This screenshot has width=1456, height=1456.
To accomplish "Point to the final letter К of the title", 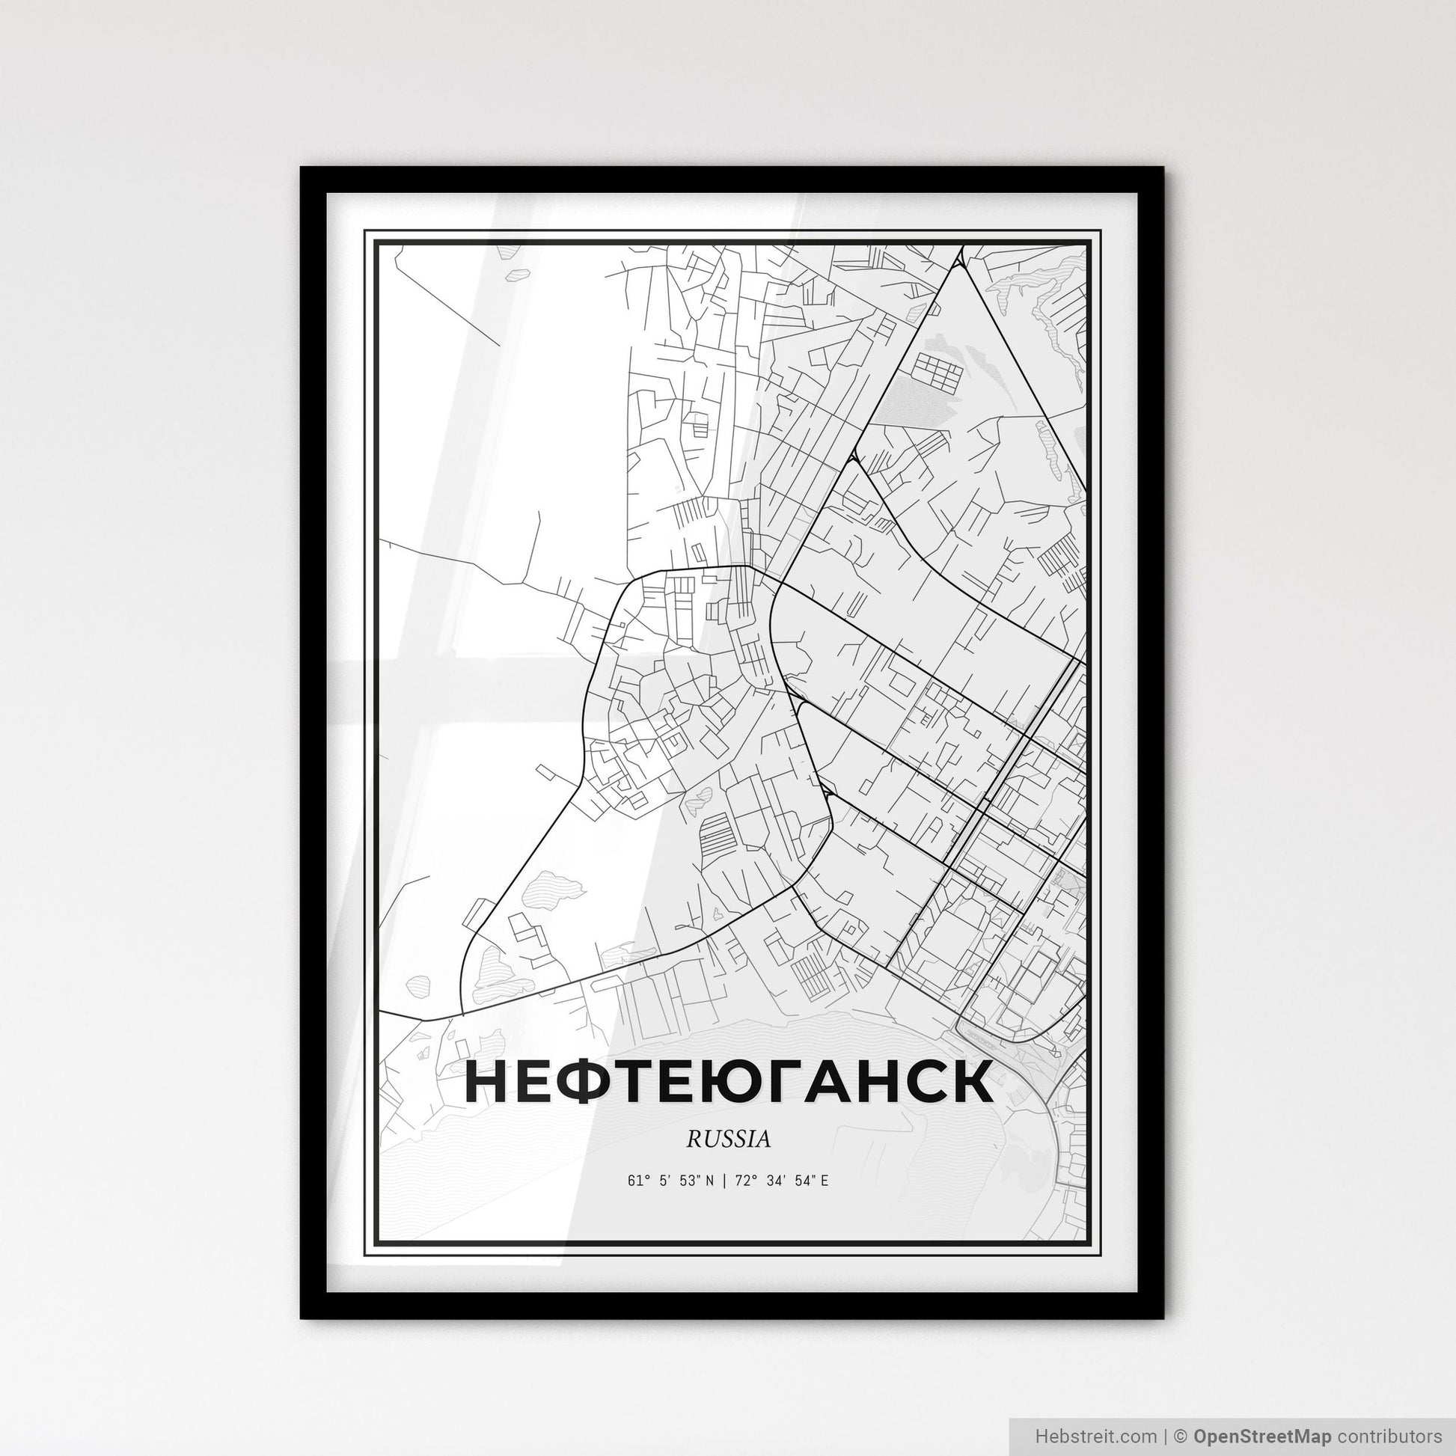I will click(x=970, y=1083).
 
